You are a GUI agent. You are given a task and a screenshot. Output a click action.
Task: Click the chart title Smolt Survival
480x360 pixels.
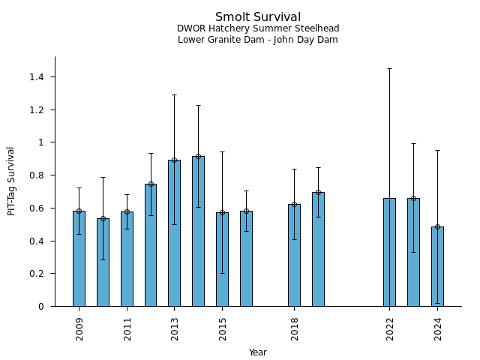[258, 17]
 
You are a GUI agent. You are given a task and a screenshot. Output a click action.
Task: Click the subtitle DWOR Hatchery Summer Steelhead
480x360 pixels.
[258, 28]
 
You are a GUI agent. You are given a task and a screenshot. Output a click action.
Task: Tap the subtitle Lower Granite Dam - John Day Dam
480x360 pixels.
[258, 40]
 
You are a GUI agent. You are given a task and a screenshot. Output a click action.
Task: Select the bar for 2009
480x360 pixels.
[79, 259]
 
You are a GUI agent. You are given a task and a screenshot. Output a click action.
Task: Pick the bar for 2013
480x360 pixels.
[174, 233]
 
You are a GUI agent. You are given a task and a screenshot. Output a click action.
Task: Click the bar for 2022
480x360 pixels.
[389, 252]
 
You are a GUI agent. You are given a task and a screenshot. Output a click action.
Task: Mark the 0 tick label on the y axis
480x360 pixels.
[41, 307]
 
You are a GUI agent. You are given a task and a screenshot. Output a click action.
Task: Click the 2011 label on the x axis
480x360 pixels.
[127, 329]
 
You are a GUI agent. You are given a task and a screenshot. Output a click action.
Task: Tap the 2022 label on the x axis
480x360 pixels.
[390, 329]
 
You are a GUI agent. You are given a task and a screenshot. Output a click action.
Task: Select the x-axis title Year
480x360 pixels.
[258, 352]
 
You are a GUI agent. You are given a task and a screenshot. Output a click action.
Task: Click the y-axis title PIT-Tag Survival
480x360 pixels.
[11, 181]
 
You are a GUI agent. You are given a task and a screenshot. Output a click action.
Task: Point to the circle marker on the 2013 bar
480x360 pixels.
[174, 160]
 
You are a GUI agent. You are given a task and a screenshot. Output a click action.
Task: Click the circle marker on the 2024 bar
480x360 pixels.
[437, 226]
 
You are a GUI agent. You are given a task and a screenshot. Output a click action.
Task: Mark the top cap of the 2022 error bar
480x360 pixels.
[389, 68]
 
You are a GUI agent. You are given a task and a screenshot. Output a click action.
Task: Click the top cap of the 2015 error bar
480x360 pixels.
[222, 151]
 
